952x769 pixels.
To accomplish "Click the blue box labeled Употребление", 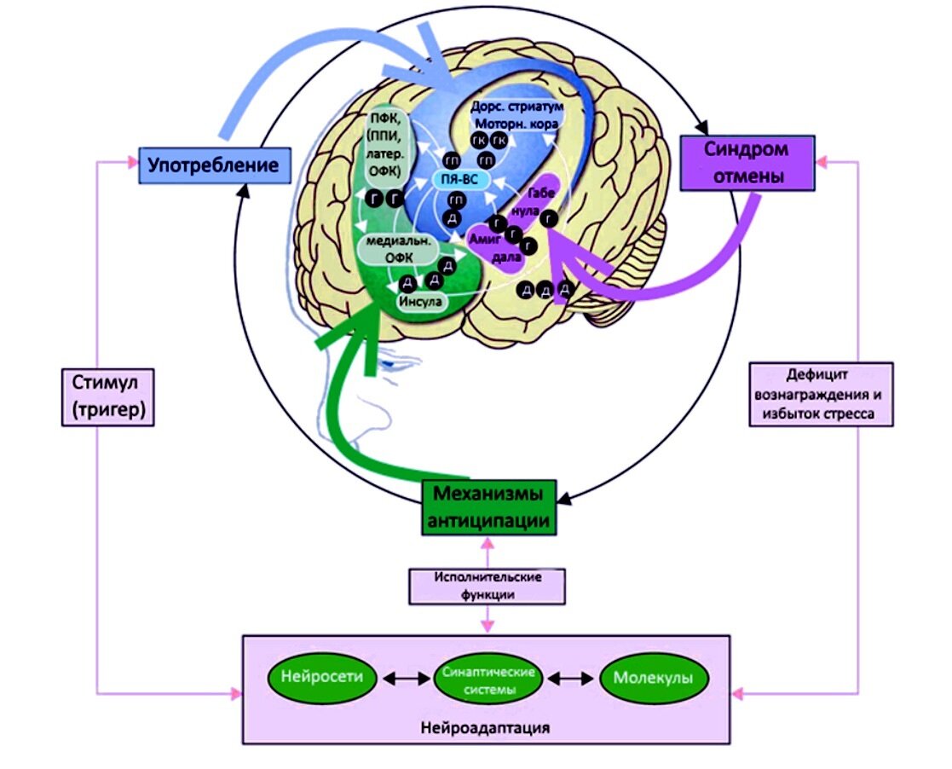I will click(213, 165).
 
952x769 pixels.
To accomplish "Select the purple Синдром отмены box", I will click(746, 163).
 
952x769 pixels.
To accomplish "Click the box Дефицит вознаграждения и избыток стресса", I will click(822, 394).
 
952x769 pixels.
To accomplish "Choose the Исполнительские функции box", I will click(488, 586).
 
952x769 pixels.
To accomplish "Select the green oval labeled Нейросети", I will click(321, 678).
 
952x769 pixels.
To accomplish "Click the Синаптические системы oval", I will click(489, 679).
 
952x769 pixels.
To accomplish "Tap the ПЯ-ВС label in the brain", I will click(459, 179).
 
